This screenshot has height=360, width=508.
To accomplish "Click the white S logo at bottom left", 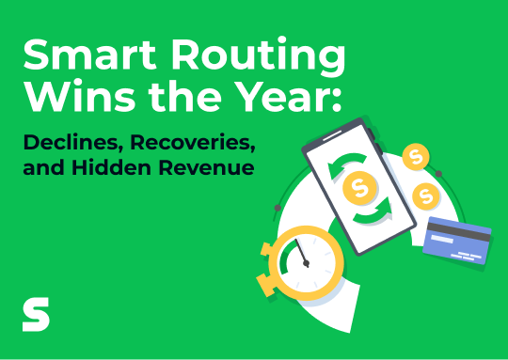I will [36, 315].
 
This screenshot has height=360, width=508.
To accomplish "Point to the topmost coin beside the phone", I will [414, 157].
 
